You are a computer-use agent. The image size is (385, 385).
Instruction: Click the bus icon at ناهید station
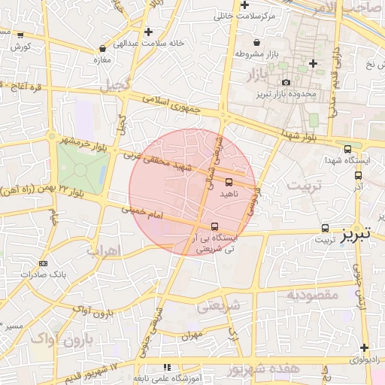pos(229,181)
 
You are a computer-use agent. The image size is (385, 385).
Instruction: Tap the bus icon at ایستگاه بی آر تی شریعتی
pos(215,226)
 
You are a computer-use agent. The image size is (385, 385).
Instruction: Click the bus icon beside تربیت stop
pos(325,228)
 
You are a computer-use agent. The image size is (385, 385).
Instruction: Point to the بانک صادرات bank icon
pos(42,263)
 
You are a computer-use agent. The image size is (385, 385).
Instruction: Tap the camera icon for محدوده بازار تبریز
pos(286,83)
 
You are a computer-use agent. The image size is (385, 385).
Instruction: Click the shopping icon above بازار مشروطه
pos(258,43)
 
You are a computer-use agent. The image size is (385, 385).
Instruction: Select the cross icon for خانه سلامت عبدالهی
pos(149,32)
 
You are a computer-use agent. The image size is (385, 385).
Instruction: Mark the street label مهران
pos(192,336)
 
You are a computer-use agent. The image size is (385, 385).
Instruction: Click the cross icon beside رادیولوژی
pos(364,347)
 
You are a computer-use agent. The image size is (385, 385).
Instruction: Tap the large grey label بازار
pos(261,76)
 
